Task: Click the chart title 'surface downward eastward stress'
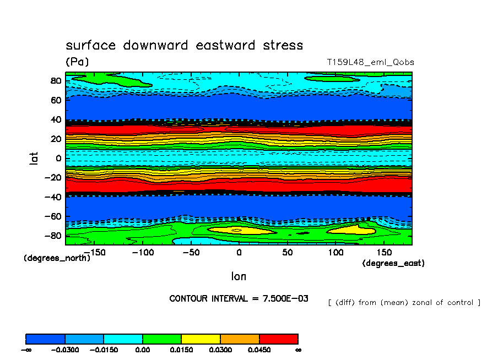pos(184,45)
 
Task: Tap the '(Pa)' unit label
pos(77,62)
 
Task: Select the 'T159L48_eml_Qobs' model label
pos(370,62)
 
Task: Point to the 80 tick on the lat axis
pos(55,80)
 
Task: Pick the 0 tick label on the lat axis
pos(58,158)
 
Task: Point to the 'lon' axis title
pos(239,276)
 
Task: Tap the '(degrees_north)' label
pos(57,258)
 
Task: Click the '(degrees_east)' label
pos(393,264)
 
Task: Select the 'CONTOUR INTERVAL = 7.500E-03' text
pos(239,298)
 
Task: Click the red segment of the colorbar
pos(279,339)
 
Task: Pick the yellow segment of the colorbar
pos(201,339)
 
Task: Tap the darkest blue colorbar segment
pos(46,339)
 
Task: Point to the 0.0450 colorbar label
pos(259,350)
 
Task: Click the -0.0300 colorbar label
pos(65,350)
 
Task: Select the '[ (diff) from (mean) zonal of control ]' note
pos(404,302)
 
